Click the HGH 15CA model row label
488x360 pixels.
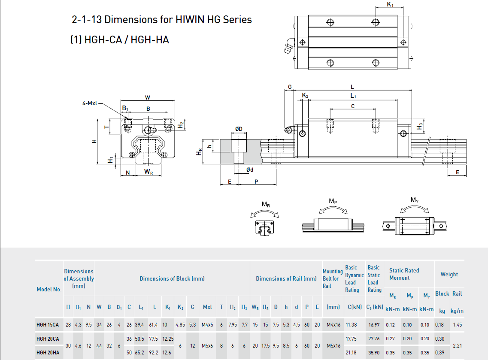coord(48,325)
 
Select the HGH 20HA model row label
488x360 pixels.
coord(48,352)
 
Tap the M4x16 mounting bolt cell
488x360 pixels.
coord(333,325)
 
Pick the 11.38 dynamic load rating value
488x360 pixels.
coord(351,325)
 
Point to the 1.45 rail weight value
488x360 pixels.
coord(457,325)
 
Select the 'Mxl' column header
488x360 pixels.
coord(207,307)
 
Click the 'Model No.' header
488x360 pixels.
coord(49,289)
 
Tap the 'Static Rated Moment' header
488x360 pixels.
coord(404,274)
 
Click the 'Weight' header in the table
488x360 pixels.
coord(449,274)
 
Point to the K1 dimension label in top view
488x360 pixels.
coord(390,5)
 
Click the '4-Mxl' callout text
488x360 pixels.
coord(90,103)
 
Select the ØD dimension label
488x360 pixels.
coord(239,129)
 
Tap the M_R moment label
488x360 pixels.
coord(266,204)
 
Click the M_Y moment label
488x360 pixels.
coord(414,200)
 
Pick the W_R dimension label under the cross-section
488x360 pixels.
coord(148,172)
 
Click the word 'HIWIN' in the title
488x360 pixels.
coord(189,19)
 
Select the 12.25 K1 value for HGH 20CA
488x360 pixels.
coord(168,339)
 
